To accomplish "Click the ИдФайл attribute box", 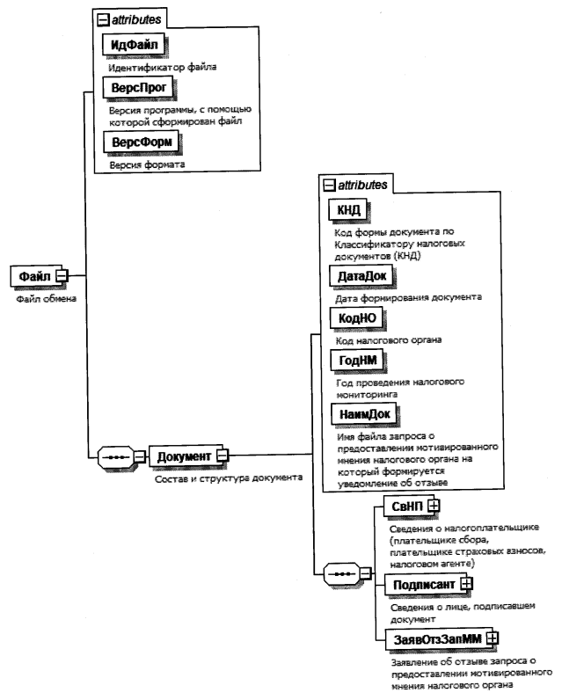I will click(x=135, y=44).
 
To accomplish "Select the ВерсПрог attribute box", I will click(x=140, y=88).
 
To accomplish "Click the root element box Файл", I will click(x=33, y=275).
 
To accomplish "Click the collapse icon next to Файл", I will click(x=62, y=275).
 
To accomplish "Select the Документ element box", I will click(x=183, y=456).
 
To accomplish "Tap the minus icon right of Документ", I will click(x=223, y=456).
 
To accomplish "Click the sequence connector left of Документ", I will click(x=113, y=456).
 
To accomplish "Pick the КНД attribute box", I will click(x=344, y=210).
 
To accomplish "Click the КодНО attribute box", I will click(x=354, y=317).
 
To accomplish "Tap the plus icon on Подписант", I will click(x=467, y=582).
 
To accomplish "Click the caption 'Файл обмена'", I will click(x=47, y=298).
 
